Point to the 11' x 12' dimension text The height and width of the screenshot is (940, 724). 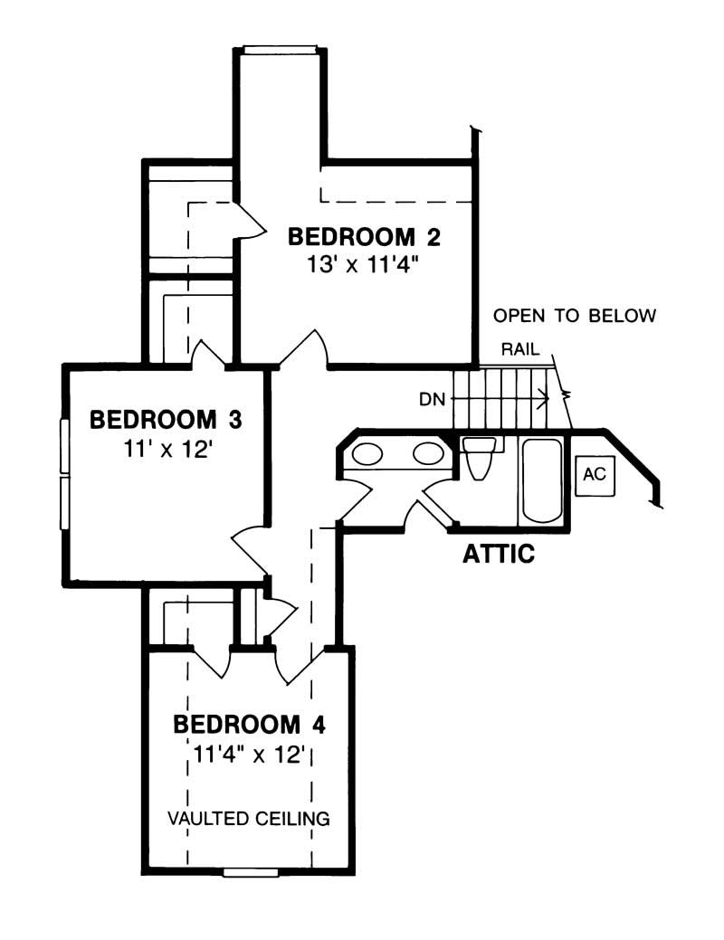tap(167, 449)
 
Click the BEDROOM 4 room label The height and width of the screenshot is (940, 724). tap(249, 725)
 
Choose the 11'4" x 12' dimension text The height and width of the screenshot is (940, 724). tap(250, 755)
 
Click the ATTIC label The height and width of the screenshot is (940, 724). tap(498, 554)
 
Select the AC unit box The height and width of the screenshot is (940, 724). tap(593, 475)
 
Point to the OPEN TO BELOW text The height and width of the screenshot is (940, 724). tap(574, 317)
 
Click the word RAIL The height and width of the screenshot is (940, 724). tap(517, 348)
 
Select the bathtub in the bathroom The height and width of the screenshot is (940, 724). tap(542, 479)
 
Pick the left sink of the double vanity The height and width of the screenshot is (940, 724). tap(367, 453)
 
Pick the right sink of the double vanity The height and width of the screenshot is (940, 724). tap(426, 453)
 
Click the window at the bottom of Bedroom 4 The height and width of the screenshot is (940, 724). tap(251, 872)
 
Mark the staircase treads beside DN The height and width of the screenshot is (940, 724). tap(511, 396)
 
